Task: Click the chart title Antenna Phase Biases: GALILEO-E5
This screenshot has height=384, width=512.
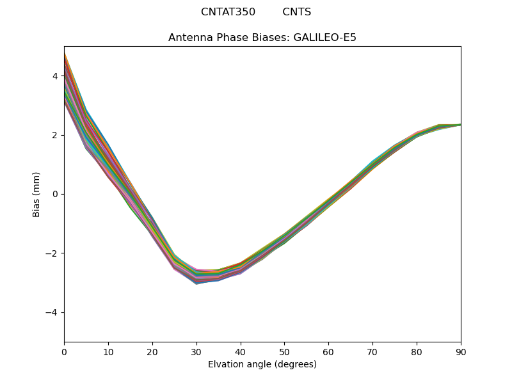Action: tap(262, 38)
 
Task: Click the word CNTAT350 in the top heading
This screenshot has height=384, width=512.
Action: tap(228, 12)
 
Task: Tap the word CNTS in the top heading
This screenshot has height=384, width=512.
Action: tap(297, 12)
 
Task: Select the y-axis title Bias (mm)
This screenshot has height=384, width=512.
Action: tap(36, 194)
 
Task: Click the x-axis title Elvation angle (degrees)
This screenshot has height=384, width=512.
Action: tap(262, 365)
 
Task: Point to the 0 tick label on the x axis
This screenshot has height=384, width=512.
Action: tap(64, 351)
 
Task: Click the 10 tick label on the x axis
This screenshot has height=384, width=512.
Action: tap(108, 351)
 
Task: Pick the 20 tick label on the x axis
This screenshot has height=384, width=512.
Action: tap(152, 351)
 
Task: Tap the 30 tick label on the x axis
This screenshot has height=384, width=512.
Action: tap(196, 351)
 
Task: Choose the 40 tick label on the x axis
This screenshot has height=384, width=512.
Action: tap(241, 351)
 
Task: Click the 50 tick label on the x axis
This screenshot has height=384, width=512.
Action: tap(284, 351)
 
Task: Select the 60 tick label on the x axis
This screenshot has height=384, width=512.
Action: tap(328, 351)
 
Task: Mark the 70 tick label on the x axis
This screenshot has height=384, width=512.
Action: tap(372, 351)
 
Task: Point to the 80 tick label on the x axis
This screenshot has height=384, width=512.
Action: tap(417, 351)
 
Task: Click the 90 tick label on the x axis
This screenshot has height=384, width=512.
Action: tap(461, 351)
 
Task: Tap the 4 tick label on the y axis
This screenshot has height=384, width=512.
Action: tap(55, 76)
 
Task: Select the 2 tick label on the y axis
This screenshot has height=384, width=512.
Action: tap(55, 135)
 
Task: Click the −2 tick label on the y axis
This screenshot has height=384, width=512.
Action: tap(52, 253)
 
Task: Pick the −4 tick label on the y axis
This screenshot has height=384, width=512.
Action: tap(52, 312)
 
